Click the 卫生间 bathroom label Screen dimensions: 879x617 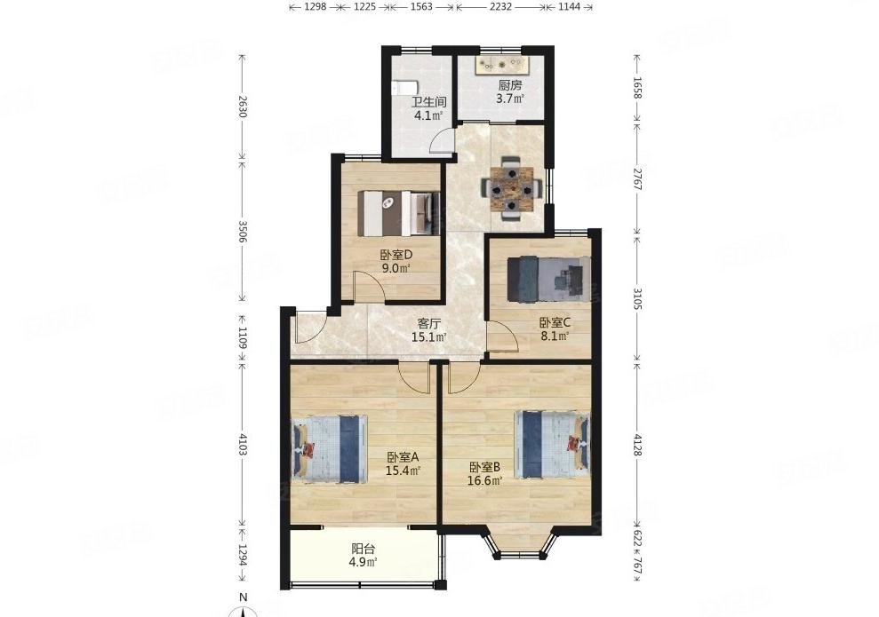click(x=429, y=102)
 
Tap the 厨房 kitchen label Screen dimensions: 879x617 click(x=510, y=85)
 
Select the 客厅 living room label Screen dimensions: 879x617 click(x=429, y=324)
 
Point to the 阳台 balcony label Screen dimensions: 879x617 click(x=364, y=549)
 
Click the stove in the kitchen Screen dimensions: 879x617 click(x=499, y=65)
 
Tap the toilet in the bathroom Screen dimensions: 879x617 click(x=404, y=88)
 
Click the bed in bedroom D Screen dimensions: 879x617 click(x=399, y=213)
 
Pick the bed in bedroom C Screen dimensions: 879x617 click(x=548, y=279)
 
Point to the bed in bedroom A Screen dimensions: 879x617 click(x=329, y=449)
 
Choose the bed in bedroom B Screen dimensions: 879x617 click(x=553, y=445)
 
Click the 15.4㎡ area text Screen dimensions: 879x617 click(x=404, y=471)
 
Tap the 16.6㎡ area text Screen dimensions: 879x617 click(x=485, y=479)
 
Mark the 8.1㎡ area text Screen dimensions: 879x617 click(x=555, y=336)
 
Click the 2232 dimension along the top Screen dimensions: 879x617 click(x=500, y=7)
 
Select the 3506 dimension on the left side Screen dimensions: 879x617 click(x=242, y=232)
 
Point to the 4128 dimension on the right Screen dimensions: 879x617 click(x=637, y=445)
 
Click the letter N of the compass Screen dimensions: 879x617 click(x=243, y=597)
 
